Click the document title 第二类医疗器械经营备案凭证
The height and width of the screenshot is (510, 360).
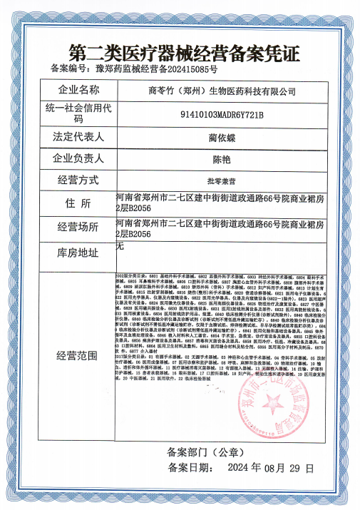(180, 52)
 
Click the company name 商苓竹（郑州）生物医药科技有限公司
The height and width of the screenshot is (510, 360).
(222, 91)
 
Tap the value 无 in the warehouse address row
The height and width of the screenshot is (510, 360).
(120, 245)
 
